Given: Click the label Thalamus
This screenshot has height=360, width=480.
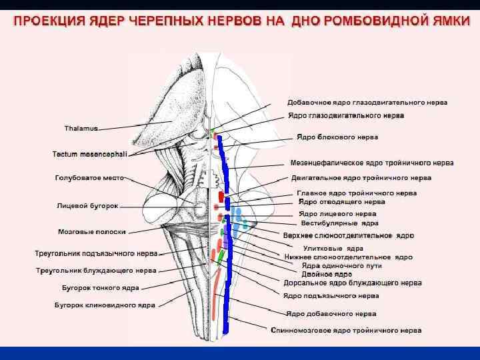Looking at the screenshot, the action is pos(81,127).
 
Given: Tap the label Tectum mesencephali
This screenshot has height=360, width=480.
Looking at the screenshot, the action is pos(90,154).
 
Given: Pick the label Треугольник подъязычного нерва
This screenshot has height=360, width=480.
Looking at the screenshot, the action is pos(96,253).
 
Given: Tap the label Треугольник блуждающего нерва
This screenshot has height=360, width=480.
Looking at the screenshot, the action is pos(96,271).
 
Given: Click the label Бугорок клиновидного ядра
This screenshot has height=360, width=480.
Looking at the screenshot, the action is pos(105,305).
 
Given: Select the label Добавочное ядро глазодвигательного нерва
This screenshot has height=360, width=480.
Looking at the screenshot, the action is pos(367,103).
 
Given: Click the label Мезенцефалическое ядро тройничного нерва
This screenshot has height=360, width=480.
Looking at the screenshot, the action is pos(372,162).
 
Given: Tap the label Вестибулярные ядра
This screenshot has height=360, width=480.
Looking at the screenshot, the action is pos(339,223).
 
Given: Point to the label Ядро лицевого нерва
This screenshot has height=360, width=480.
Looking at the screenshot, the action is pos(337,214).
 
